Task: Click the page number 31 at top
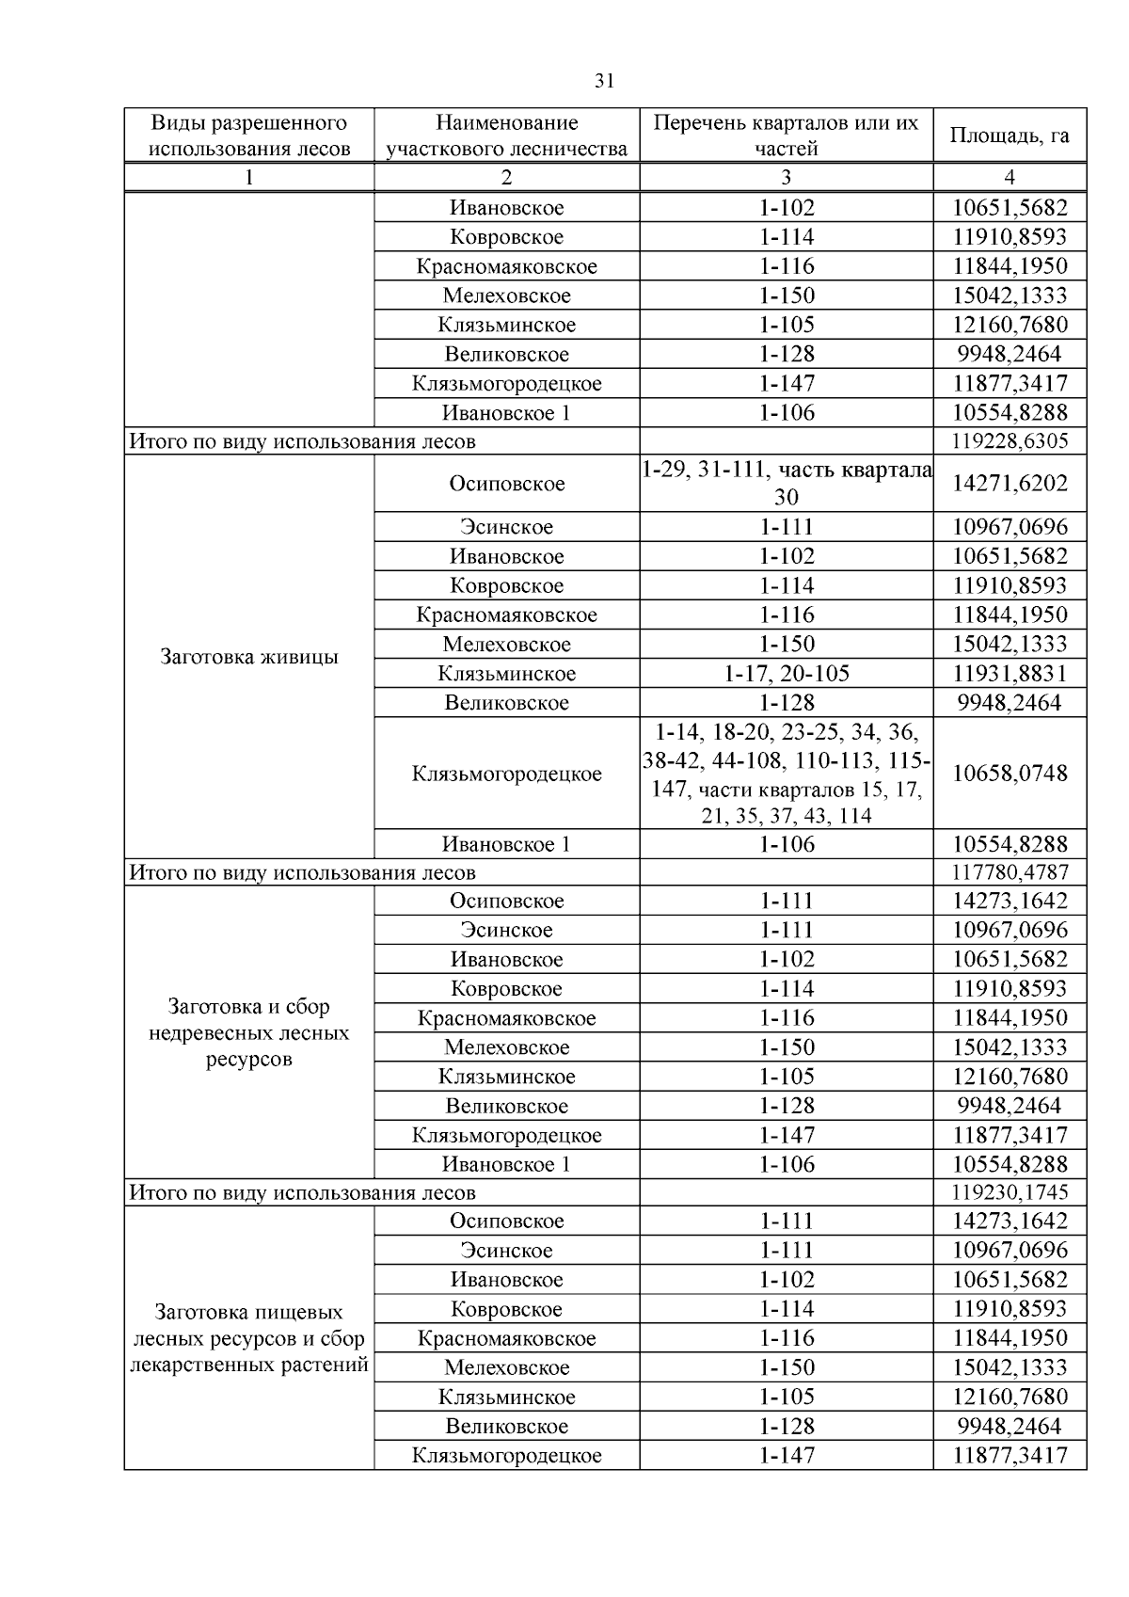(605, 81)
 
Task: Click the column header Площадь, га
(1009, 136)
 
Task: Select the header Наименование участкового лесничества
(506, 136)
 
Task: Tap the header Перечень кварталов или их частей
(786, 136)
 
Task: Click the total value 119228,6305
(1009, 441)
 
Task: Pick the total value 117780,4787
(1009, 872)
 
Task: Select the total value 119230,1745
(1009, 1192)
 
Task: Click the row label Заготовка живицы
(248, 657)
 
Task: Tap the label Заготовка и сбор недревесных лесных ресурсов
(248, 1032)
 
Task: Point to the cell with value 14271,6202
(1009, 484)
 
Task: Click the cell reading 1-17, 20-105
(786, 674)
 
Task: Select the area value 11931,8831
(1009, 674)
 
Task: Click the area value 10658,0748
(1009, 774)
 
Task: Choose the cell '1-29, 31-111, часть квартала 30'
(786, 484)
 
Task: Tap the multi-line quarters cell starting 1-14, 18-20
(786, 774)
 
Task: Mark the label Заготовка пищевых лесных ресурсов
(248, 1338)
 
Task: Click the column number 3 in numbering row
(786, 177)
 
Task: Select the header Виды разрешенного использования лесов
(248, 136)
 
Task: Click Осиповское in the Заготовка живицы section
(506, 484)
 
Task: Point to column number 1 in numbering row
(248, 177)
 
